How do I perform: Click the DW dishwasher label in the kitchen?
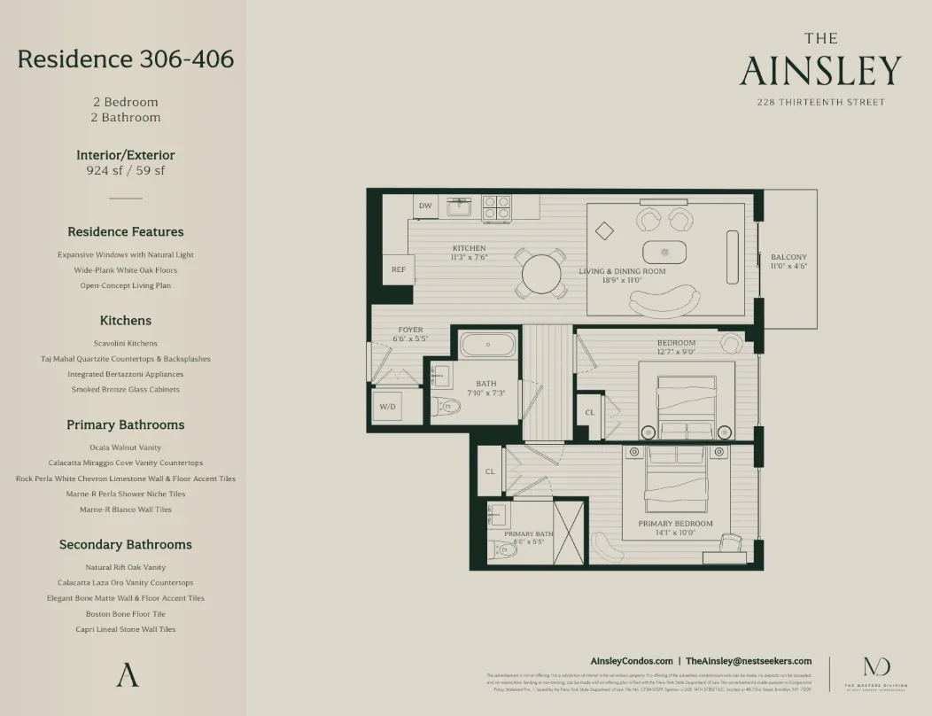coord(425,206)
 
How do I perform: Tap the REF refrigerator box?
coord(398,269)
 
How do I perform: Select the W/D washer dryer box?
coord(388,407)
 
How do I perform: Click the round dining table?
coord(540,273)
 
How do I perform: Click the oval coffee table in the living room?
coord(664,253)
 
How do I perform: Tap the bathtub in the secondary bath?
coord(488,345)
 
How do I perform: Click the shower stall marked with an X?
coord(569,533)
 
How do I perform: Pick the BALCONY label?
coord(788,257)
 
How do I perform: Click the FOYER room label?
coord(410,330)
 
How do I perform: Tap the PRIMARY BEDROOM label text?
coord(675,524)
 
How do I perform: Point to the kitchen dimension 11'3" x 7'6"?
coord(469,258)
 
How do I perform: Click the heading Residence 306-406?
coord(126,59)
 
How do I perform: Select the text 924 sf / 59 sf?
coord(126,170)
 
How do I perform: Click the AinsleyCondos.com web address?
coord(631,661)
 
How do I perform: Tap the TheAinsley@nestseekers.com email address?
coord(749,661)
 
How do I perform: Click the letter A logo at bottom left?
coord(127,674)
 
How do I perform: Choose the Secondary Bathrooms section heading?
coord(126,544)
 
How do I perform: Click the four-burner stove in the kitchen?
coord(496,207)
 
